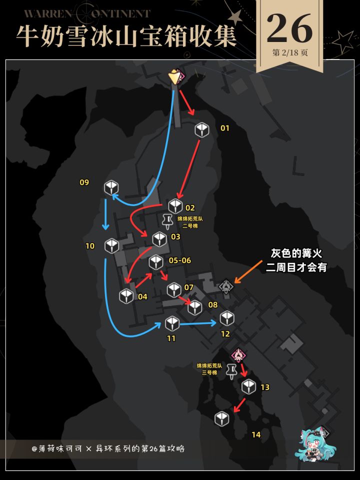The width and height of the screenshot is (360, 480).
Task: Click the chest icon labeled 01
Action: click(x=201, y=130)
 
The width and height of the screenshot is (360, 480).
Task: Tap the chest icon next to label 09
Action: click(x=111, y=187)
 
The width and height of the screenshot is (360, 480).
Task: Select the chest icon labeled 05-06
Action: click(x=156, y=262)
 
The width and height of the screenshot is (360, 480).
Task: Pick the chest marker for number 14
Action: click(x=222, y=418)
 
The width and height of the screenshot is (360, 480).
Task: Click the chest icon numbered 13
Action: click(x=248, y=386)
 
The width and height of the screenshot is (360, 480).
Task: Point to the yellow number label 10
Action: click(x=90, y=246)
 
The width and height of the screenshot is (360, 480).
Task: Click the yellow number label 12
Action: click(x=225, y=334)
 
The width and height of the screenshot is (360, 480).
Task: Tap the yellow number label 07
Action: click(x=189, y=287)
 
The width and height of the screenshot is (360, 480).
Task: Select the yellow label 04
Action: click(x=142, y=296)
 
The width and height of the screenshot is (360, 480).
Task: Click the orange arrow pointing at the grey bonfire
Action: click(x=248, y=271)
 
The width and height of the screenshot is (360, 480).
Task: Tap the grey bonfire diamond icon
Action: click(x=226, y=286)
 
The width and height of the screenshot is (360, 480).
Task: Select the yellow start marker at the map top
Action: click(x=174, y=76)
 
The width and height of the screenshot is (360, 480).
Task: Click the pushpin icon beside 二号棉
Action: click(x=167, y=221)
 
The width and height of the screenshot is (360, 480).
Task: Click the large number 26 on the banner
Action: click(x=289, y=28)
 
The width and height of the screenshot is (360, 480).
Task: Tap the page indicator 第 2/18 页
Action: click(x=290, y=52)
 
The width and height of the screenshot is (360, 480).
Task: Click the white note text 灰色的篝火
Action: click(x=296, y=253)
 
